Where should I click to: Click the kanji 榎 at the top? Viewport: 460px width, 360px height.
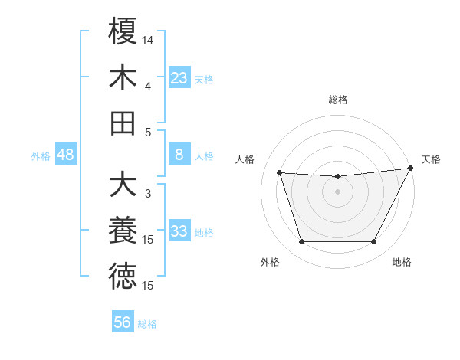(123, 31)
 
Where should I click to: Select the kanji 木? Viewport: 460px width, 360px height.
(123, 77)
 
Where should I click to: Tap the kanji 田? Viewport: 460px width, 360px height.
(123, 123)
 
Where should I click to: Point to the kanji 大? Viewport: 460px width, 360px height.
(123, 185)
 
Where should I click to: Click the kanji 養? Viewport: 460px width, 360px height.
(123, 231)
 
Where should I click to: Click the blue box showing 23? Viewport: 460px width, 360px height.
(179, 77)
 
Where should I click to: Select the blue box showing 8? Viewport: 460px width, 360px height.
(179, 155)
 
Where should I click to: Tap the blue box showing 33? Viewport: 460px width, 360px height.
(179, 231)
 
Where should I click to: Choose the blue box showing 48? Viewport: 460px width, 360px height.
(65, 155)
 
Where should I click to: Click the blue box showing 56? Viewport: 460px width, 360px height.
(123, 322)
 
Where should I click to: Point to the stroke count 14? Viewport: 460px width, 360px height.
(148, 39)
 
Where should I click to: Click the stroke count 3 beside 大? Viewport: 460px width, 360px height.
(148, 194)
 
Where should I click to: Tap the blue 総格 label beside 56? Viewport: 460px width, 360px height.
(147, 324)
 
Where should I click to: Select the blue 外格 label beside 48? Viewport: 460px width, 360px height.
(41, 156)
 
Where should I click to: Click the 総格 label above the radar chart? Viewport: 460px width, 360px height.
(337, 100)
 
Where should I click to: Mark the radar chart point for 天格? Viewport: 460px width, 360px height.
(411, 168)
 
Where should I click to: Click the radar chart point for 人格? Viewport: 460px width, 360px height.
(279, 173)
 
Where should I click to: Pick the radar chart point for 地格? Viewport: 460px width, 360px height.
(373, 242)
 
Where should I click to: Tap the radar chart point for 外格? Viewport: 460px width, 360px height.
(301, 242)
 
